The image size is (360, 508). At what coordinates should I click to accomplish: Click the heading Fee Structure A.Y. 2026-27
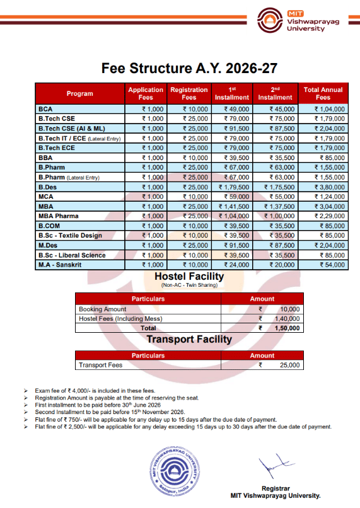(x=180, y=67)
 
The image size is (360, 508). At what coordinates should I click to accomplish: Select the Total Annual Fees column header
(x=323, y=94)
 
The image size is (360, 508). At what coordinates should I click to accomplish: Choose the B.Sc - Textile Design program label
(x=69, y=236)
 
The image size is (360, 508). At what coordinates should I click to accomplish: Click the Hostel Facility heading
(x=189, y=277)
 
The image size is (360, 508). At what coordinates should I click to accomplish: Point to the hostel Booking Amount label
(x=103, y=309)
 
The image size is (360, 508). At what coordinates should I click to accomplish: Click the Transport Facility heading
(x=189, y=340)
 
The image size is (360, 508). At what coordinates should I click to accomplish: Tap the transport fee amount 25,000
(x=290, y=365)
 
